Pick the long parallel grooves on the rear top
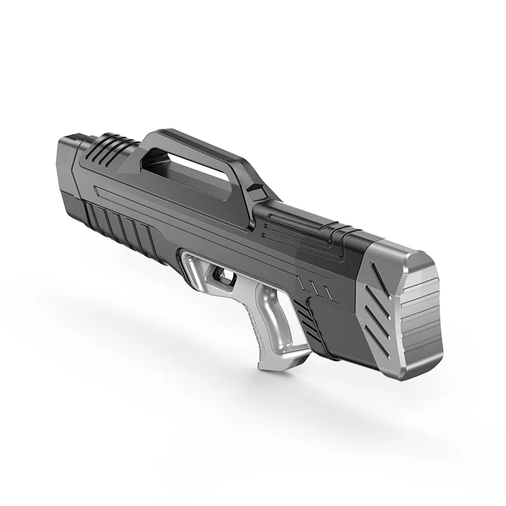297,222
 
